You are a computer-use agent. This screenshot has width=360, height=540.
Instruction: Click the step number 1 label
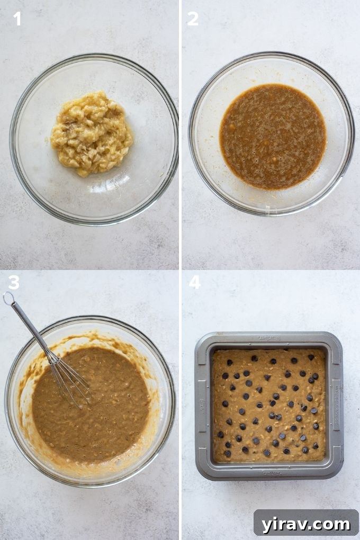pos(17,19)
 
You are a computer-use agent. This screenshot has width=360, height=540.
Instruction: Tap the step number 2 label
pos(193,19)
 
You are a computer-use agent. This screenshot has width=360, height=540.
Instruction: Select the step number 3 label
pos(14,283)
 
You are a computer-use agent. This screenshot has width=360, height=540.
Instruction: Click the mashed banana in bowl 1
pos(92,133)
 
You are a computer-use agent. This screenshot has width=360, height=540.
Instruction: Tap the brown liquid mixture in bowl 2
pos(273,137)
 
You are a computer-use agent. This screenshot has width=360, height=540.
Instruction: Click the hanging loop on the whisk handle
pos(8,298)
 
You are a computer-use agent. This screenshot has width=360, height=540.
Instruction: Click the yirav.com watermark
pos(305,524)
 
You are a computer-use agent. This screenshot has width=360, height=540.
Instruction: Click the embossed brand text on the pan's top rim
pos(269,338)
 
